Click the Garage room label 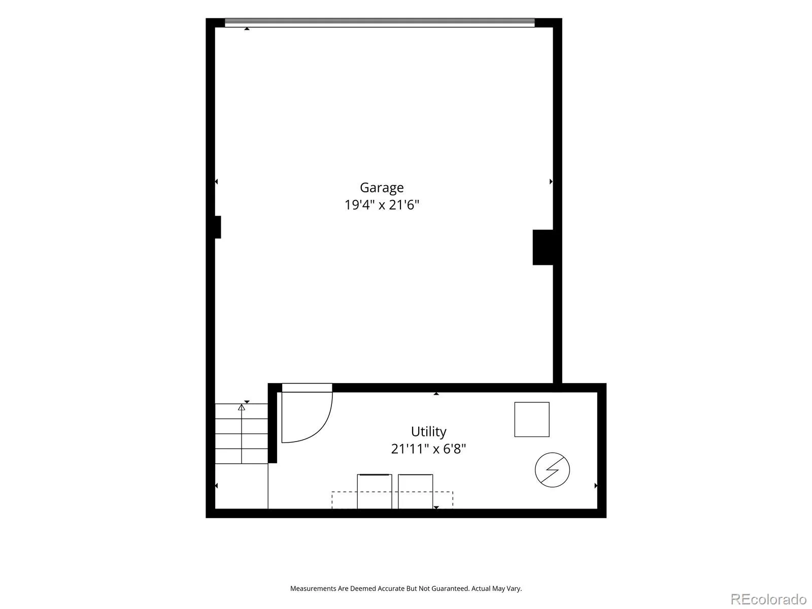pos(382,188)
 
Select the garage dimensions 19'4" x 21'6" pos(382,205)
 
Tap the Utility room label pos(428,431)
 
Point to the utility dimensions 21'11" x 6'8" pos(428,449)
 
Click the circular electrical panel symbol pos(552,469)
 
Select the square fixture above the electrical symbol pos(531,419)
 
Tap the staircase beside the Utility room pos(241,433)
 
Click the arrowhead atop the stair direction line pos(241,407)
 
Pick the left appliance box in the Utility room pos(374,491)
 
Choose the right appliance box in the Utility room pos(415,491)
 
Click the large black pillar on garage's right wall pos(543,247)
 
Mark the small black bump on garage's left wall pos(218,227)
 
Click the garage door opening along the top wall pos(380,22)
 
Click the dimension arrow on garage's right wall pos(551,182)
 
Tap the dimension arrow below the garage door pos(247,28)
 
